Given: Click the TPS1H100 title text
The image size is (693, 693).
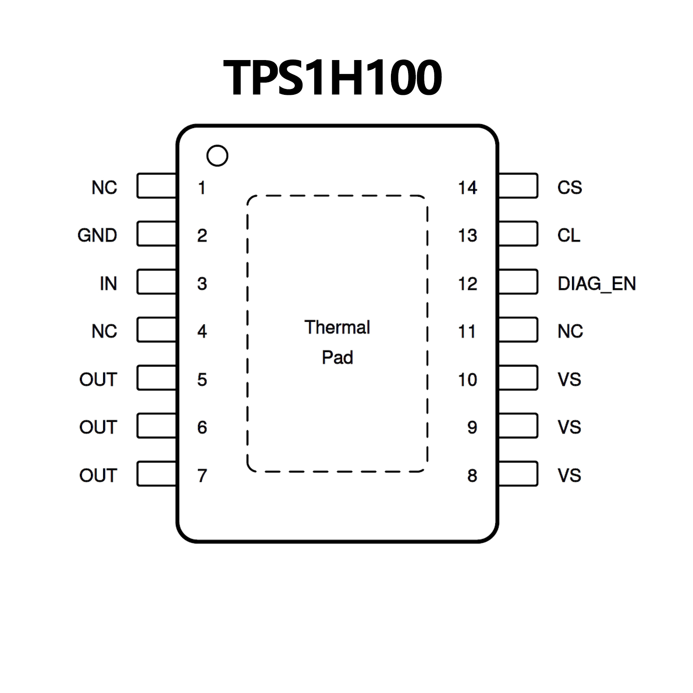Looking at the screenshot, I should point(332,78).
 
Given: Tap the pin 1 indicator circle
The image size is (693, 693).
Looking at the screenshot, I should point(217,156).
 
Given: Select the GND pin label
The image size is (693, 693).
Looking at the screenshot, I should point(97,235).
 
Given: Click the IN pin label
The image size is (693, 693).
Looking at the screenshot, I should point(108,284).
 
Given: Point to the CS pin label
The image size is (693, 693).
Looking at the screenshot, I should point(570,187).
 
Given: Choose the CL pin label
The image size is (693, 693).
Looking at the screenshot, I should point(569,235).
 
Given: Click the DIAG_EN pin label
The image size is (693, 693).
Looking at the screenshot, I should point(597,284).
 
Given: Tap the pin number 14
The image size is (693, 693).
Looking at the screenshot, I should point(467,188).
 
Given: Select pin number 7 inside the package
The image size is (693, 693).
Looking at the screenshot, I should point(202,475).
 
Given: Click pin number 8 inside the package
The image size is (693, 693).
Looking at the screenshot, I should point(472,475).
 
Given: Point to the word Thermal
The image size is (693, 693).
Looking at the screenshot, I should point(337,327).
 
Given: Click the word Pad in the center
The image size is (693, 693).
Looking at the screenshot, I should point(337,358).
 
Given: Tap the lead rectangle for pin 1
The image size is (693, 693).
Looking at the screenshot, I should point(156,186).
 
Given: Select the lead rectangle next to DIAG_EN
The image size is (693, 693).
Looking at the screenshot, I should point(518,282).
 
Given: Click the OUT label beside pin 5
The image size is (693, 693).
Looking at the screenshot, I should point(98,379).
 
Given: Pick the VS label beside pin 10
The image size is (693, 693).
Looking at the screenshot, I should point(569,379).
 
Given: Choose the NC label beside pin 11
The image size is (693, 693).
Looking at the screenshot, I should point(570,331).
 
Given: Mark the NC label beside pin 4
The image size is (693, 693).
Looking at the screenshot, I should point(104,331).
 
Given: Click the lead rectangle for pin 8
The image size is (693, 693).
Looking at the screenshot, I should point(518,474).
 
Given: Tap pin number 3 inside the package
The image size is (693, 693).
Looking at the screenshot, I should point(202,284).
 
